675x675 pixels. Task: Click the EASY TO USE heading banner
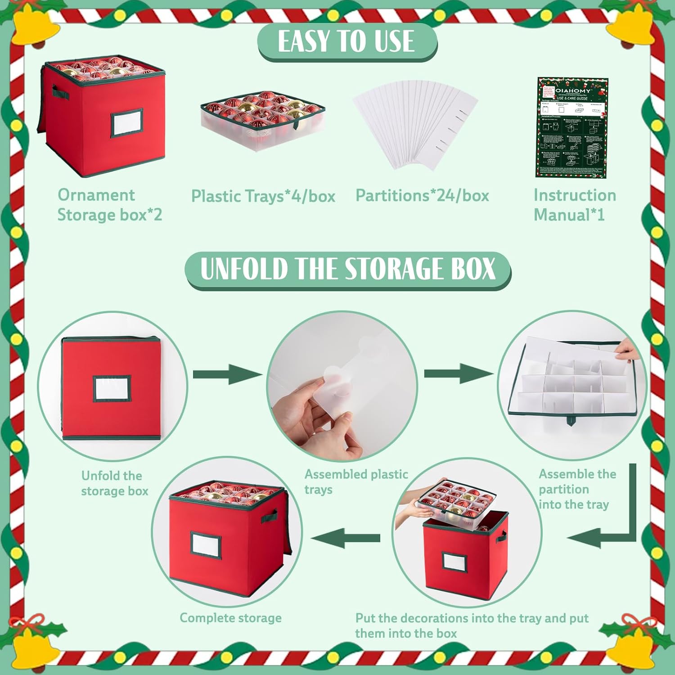tap(346, 41)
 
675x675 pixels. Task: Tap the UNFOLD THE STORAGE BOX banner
tap(347, 269)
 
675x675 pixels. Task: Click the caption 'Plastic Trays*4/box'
tap(263, 196)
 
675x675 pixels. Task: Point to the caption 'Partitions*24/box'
tap(422, 195)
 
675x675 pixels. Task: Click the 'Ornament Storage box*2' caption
tap(109, 205)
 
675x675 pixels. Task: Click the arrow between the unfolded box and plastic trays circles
tap(227, 374)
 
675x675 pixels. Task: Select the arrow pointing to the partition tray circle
tap(458, 373)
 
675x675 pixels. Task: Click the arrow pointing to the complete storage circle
tap(346, 538)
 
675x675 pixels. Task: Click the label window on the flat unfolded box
tap(112, 388)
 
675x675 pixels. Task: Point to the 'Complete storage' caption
tap(230, 618)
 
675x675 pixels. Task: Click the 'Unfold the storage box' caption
tap(114, 483)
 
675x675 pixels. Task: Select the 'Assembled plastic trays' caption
tap(355, 481)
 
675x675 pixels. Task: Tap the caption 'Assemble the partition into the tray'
tap(577, 489)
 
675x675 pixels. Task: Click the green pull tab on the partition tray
tap(571, 421)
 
